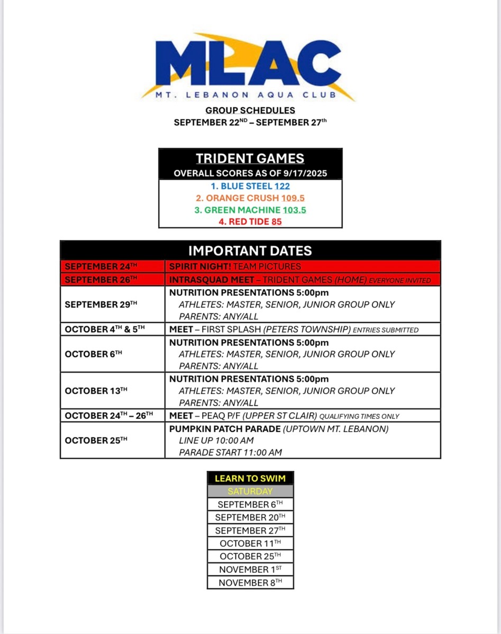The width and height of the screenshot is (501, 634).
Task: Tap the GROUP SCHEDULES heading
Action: tap(250, 110)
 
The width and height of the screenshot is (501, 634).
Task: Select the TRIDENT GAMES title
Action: tap(250, 158)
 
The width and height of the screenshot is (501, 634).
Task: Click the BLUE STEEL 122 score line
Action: tap(250, 186)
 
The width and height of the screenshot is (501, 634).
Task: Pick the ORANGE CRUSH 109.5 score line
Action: tap(250, 198)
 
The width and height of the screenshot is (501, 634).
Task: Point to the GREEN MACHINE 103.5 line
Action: tap(250, 210)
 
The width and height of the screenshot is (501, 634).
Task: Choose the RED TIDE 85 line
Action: tap(250, 221)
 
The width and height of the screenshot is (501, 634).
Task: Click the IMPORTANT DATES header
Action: tap(250, 250)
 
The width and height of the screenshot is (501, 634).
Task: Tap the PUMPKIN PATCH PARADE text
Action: tap(225, 429)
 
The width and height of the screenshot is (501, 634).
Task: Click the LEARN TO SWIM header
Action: tap(250, 479)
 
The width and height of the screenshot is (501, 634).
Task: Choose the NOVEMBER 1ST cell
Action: tap(250, 570)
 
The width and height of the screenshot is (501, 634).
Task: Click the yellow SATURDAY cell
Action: tap(250, 491)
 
